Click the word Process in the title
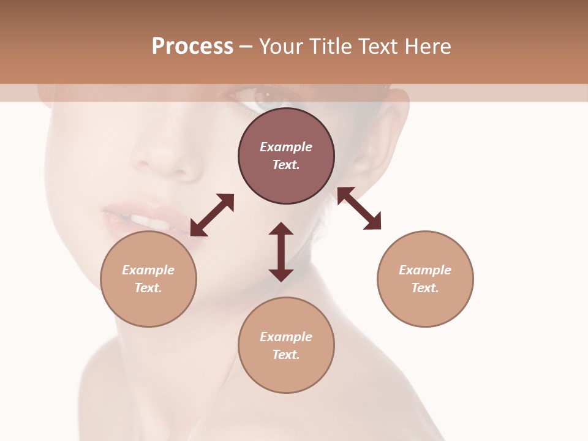tap(192, 47)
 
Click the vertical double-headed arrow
tap(281, 252)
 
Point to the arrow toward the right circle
tap(359, 208)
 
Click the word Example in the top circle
tap(286, 147)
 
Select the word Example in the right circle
tap(425, 270)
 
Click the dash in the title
tap(246, 47)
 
